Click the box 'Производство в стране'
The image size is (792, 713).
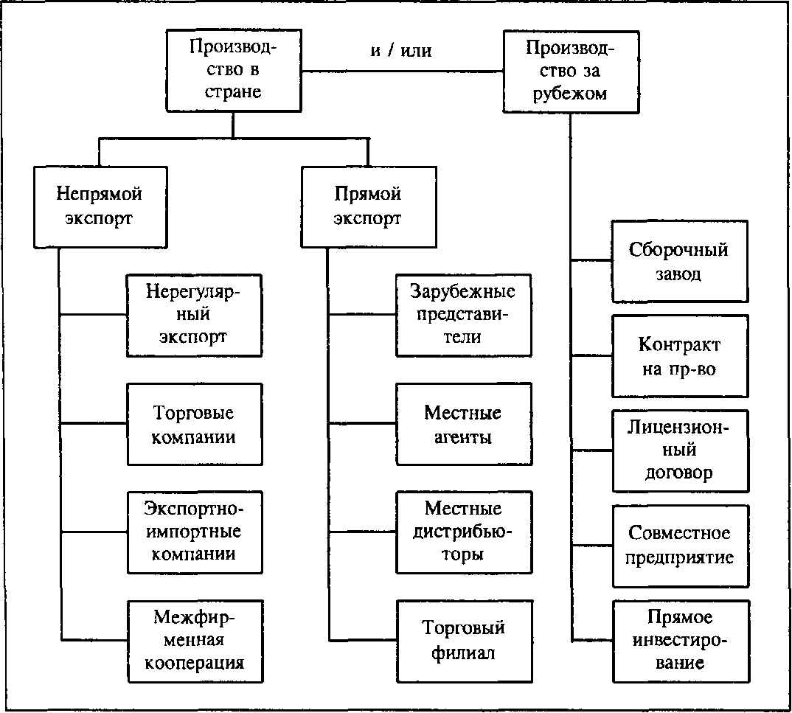pos(232,71)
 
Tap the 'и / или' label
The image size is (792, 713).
pos(400,51)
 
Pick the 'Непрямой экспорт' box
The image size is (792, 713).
pos(100,206)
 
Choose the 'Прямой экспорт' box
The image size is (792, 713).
pos(367,206)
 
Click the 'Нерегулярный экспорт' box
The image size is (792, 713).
pos(194,315)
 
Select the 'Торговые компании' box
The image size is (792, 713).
pos(194,424)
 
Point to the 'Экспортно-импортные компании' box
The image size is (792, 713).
pos(194,532)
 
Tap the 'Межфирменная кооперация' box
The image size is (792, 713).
pos(194,641)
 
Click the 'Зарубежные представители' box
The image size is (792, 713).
pos(463,315)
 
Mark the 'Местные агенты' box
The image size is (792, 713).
pos(463,424)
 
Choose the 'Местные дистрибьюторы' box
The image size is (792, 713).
pos(463,532)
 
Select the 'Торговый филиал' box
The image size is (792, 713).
pos(463,641)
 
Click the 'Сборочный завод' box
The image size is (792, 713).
pos(679,261)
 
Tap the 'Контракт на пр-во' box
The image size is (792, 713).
pos(679,356)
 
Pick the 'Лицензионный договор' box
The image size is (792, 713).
pos(679,451)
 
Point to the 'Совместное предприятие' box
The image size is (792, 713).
pos(679,546)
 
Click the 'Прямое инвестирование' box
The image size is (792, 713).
pos(679,641)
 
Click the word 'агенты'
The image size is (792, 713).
pos(463,437)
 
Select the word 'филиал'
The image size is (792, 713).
pos(463,653)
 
